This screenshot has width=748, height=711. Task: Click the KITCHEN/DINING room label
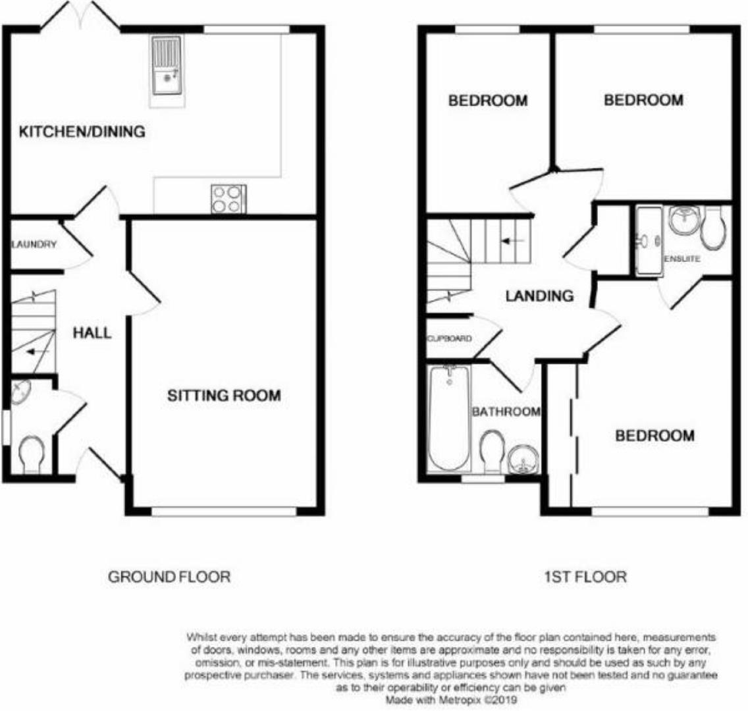click(x=82, y=132)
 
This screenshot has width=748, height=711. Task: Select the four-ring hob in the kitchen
click(x=228, y=199)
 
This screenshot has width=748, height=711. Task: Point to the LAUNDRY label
click(x=34, y=245)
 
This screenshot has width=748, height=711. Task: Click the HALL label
click(x=92, y=333)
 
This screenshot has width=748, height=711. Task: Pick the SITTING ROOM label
click(x=223, y=396)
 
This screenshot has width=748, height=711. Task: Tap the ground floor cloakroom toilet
click(x=31, y=456)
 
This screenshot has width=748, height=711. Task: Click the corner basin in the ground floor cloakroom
click(x=22, y=392)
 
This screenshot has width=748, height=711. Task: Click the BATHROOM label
click(x=506, y=412)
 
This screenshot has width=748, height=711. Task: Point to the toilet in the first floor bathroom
click(x=491, y=451)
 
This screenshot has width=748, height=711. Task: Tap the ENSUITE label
click(x=681, y=259)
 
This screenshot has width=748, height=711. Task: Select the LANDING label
click(x=539, y=296)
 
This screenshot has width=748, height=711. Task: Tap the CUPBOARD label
click(x=449, y=339)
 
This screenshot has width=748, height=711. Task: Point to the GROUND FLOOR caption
click(x=169, y=577)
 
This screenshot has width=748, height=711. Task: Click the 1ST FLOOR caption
click(x=585, y=577)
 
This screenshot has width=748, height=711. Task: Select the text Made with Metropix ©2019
click(x=452, y=700)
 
